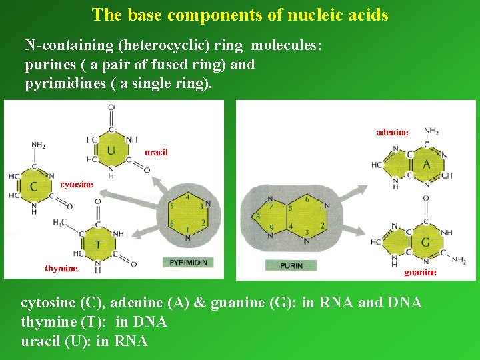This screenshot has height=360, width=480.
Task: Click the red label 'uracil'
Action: [156, 152]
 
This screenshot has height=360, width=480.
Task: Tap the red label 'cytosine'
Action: [77, 185]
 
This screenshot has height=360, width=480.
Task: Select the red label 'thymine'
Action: [61, 268]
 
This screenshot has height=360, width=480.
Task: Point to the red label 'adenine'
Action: [392, 132]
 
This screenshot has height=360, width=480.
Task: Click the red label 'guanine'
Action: [420, 272]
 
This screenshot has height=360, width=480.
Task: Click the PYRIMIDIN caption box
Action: [188, 263]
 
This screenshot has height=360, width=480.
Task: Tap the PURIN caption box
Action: [291, 265]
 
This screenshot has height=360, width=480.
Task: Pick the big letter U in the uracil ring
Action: [111, 150]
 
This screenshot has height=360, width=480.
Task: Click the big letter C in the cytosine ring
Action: [33, 187]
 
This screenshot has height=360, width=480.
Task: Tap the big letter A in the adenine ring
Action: [426, 164]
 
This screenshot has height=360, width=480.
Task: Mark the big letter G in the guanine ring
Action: [425, 241]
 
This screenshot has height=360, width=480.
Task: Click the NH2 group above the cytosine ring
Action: [39, 144]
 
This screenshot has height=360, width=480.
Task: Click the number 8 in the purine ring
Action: [258, 216]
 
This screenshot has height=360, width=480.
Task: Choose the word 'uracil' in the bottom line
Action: [43, 341]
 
